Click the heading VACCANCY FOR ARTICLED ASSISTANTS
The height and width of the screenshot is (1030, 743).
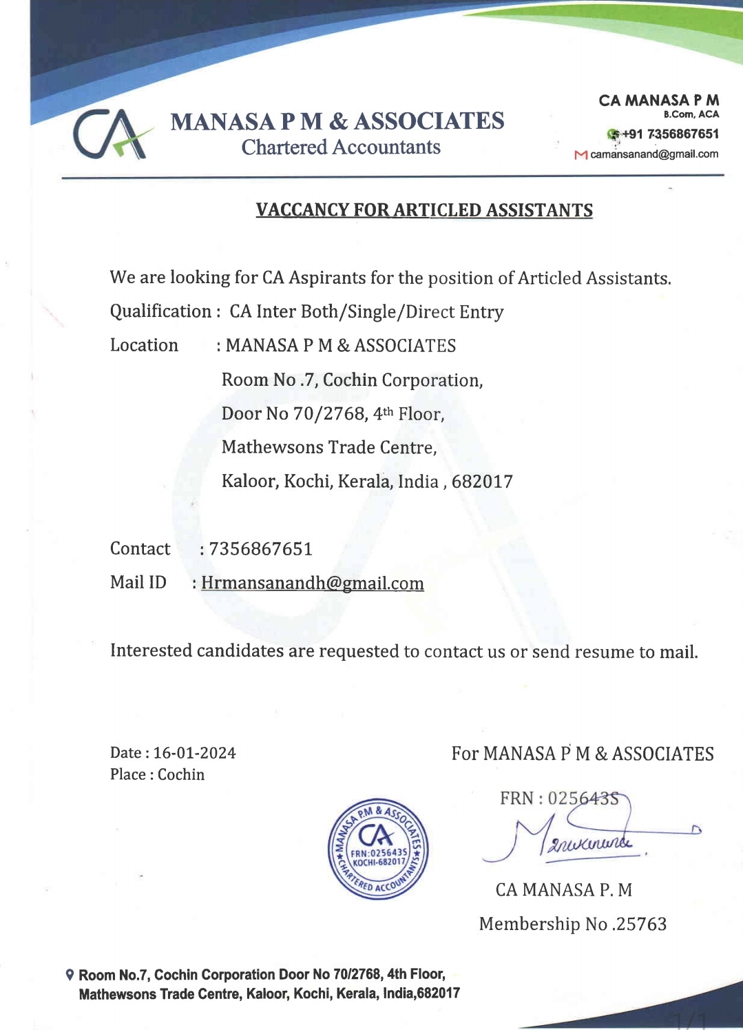(424, 210)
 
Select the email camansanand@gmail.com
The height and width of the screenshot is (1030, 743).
(654, 154)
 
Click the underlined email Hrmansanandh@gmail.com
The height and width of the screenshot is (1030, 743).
(312, 584)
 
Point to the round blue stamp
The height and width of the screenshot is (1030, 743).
(378, 849)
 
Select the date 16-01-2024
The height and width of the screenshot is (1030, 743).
(194, 753)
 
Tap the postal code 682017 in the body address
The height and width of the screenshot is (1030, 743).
(482, 482)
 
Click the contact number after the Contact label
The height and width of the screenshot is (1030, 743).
(260, 549)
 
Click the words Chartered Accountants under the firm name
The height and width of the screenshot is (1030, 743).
(341, 147)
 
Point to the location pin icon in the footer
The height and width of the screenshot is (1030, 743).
(69, 975)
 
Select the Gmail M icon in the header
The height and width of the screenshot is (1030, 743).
(580, 155)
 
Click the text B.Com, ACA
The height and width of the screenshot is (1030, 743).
(691, 114)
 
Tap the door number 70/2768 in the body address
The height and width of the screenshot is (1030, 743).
(329, 414)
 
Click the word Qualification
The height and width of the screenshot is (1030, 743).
(160, 311)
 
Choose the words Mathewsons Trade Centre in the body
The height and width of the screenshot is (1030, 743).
(329, 448)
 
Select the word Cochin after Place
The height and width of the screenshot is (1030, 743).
(181, 774)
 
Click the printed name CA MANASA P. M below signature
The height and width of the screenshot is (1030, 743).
(563, 890)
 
